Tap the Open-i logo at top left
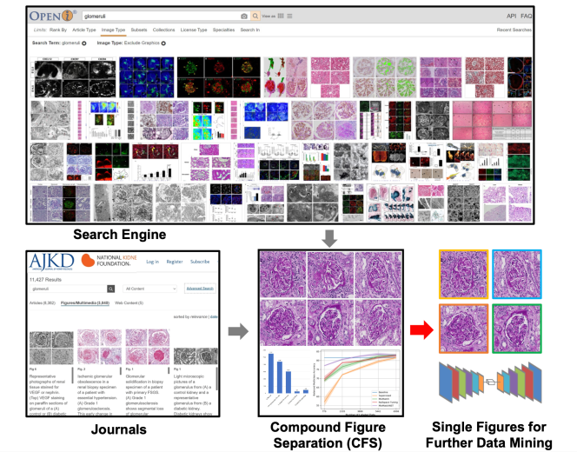(x=51, y=16)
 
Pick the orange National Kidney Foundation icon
(x=88, y=261)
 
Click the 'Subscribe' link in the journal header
(x=200, y=262)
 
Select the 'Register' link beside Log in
(x=175, y=262)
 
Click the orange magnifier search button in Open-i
(x=255, y=17)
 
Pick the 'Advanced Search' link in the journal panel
(x=199, y=288)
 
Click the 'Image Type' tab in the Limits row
(x=113, y=30)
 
